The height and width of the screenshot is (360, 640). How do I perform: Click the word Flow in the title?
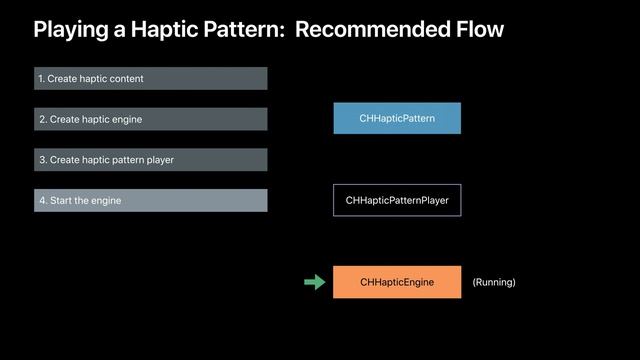pos(479,30)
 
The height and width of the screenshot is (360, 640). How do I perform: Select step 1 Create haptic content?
pos(150,78)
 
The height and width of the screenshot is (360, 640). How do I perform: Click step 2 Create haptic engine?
pos(150,119)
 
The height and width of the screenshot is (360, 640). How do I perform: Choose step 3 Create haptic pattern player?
pos(150,160)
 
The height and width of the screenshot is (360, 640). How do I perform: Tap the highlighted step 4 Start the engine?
pos(150,200)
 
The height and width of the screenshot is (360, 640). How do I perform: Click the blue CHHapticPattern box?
pos(397,118)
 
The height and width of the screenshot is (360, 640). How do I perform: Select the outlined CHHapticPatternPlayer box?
pos(397,200)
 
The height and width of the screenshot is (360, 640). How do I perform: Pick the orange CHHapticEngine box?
pos(397,282)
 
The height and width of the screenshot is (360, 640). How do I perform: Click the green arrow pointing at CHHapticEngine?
pos(315,282)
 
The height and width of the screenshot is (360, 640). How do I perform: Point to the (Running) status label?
pos(494,282)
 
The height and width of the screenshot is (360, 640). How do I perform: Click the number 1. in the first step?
pos(42,78)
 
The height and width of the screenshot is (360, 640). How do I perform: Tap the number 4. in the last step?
pos(42,200)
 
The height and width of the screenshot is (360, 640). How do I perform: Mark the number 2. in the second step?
pos(42,119)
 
